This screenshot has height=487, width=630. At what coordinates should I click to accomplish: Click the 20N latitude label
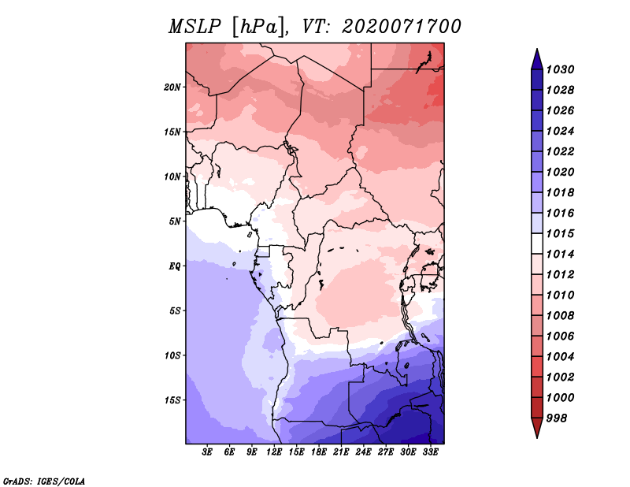pyautogui.click(x=172, y=87)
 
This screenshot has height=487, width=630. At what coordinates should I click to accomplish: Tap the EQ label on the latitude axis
pyautogui.click(x=174, y=266)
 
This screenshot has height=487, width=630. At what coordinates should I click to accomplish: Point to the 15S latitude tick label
pyautogui.click(x=172, y=400)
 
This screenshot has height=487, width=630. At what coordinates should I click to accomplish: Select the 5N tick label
pyautogui.click(x=174, y=221)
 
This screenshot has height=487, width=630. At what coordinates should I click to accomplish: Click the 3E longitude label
pyautogui.click(x=207, y=452)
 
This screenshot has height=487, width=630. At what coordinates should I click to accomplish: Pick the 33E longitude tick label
pyautogui.click(x=430, y=452)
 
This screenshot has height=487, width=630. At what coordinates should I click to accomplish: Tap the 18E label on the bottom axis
pyautogui.click(x=319, y=452)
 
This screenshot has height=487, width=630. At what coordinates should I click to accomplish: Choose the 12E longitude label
pyautogui.click(x=274, y=452)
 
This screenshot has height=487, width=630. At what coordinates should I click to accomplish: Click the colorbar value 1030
pyautogui.click(x=561, y=69)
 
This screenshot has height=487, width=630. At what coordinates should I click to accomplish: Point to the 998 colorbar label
pyautogui.click(x=557, y=418)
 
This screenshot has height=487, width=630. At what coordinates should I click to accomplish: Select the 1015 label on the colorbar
pyautogui.click(x=561, y=233)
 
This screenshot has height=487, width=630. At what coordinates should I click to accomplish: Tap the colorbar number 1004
pyautogui.click(x=561, y=357)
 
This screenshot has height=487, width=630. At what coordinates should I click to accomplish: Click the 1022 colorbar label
pyautogui.click(x=561, y=151)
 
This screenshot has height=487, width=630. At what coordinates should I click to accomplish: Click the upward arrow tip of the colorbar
pyautogui.click(x=537, y=49)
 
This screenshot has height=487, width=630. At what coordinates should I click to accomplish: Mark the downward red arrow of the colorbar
pyautogui.click(x=537, y=428)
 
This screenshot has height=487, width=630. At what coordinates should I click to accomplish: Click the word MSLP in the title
pyautogui.click(x=195, y=27)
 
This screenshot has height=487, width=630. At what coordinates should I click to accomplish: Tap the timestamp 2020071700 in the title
pyautogui.click(x=401, y=27)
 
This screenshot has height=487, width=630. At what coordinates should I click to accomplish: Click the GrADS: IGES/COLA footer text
pyautogui.click(x=44, y=481)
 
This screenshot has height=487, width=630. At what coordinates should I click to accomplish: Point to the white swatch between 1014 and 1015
pyautogui.click(x=537, y=243)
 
